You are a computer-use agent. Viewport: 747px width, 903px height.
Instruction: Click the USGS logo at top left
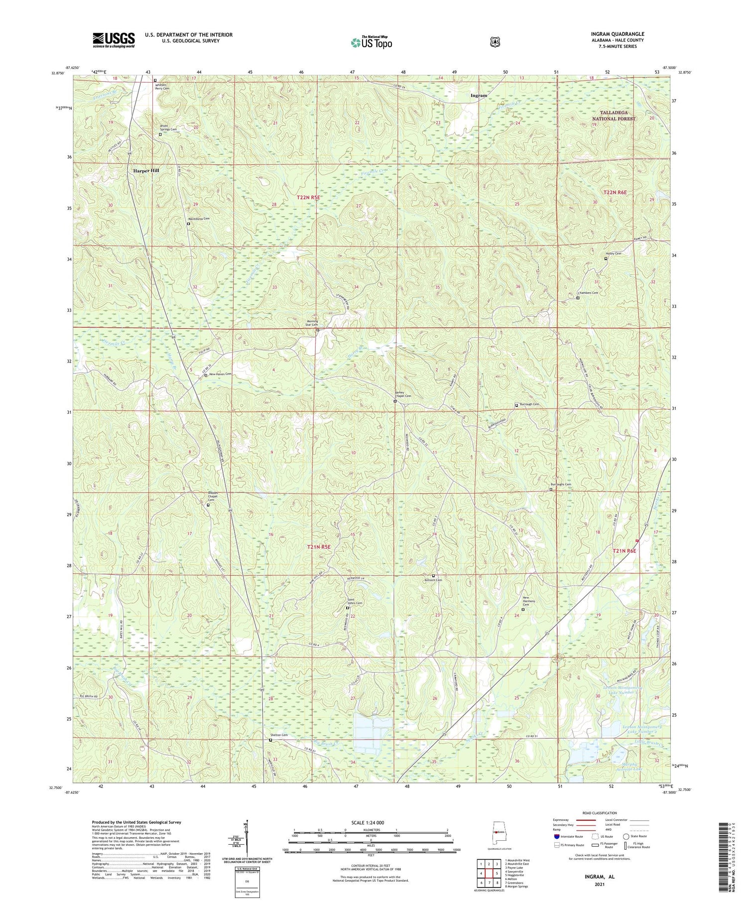(x=114, y=40)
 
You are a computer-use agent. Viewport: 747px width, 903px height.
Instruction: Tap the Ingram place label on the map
(x=479, y=95)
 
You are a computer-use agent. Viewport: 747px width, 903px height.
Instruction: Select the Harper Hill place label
(x=146, y=170)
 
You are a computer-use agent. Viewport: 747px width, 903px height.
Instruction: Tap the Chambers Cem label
(x=588, y=293)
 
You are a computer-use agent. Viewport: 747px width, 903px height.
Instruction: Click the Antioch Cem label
(x=433, y=580)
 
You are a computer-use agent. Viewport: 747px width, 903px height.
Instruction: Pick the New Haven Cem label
(x=220, y=374)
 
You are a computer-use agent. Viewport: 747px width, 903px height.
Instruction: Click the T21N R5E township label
(x=319, y=547)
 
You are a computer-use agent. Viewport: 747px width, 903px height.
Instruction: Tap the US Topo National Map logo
(x=371, y=42)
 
